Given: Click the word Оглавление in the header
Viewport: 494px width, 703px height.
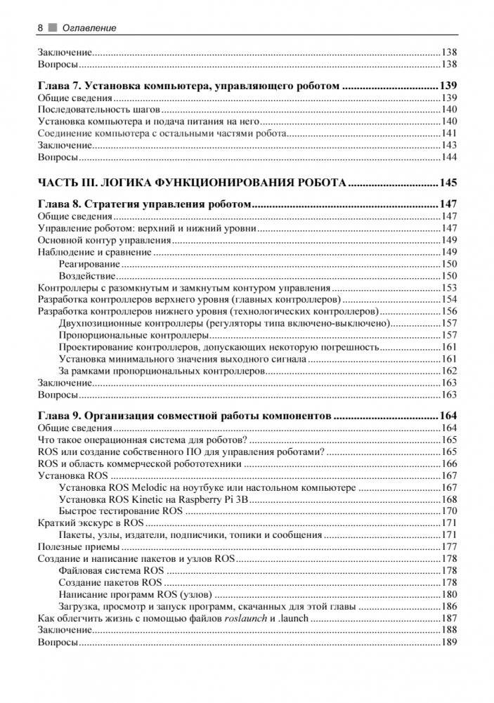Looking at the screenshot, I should pyautogui.click(x=89, y=28).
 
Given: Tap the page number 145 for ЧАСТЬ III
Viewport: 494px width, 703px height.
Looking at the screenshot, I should pyautogui.click(x=448, y=183).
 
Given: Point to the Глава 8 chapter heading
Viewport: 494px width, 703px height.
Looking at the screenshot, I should pyautogui.click(x=144, y=204).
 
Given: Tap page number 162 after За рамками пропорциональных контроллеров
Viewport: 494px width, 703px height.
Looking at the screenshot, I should pyautogui.click(x=449, y=371).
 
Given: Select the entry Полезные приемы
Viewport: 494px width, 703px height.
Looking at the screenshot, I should pyautogui.click(x=78, y=547).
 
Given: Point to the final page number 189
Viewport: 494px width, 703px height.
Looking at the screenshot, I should pyautogui.click(x=449, y=643).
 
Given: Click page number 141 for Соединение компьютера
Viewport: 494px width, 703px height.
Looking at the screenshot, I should pyautogui.click(x=449, y=133).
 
